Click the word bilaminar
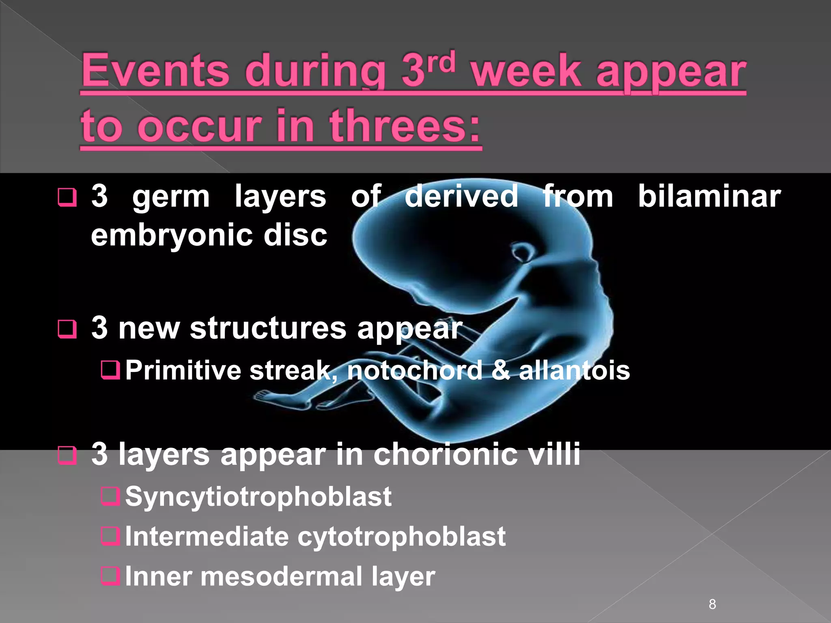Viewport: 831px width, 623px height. pyautogui.click(x=709, y=197)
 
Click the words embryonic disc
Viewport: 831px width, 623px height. pyautogui.click(x=209, y=235)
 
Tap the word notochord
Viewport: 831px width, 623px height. pyautogui.click(x=414, y=370)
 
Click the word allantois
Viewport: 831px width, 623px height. pyautogui.click(x=574, y=370)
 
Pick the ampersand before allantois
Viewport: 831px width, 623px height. pyautogui.click(x=501, y=370)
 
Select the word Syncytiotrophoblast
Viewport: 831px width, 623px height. pyautogui.click(x=258, y=497)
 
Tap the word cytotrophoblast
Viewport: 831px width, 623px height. pyautogui.click(x=401, y=537)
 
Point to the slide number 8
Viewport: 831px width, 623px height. pyautogui.click(x=712, y=604)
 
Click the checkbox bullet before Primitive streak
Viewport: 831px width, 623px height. pyautogui.click(x=110, y=370)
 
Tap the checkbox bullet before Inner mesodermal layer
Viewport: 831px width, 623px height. pyautogui.click(x=110, y=576)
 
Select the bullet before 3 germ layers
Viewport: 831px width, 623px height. pyautogui.click(x=67, y=197)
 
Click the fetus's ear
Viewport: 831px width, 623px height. pyautogui.click(x=521, y=252)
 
